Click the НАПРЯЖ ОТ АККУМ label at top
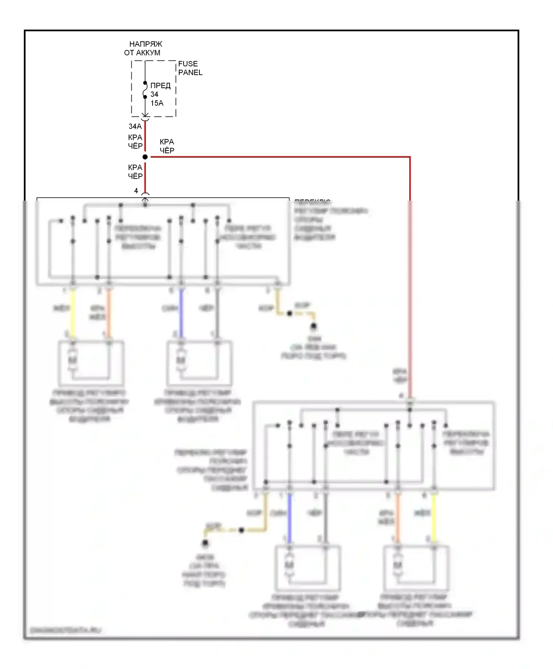144,48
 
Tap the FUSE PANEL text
190,68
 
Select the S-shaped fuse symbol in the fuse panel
145,90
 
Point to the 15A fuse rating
157,103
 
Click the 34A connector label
135,126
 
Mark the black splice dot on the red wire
145,157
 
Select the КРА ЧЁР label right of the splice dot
167,146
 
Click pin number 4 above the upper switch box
136,191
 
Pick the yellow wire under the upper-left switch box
73,313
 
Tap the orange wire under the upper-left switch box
109,313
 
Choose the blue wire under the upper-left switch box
181,313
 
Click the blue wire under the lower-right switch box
289,518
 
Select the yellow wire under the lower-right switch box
434,518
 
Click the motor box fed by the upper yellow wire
91,363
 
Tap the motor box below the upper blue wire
199,363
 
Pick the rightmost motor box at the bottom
416,568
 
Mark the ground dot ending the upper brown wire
313,326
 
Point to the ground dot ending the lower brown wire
205,543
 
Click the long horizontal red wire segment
280,157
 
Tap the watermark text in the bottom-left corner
65,630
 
